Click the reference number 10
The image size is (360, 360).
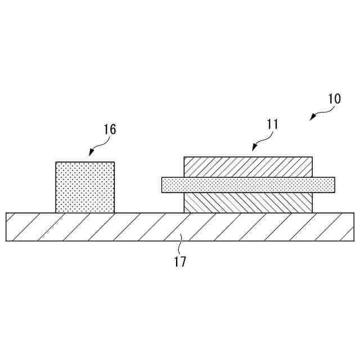click(x=334, y=98)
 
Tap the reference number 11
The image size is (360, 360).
click(x=272, y=124)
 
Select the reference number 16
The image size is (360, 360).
click(x=110, y=129)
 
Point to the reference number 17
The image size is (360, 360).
click(x=180, y=261)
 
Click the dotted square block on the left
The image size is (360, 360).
click(x=85, y=187)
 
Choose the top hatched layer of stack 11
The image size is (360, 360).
click(x=248, y=167)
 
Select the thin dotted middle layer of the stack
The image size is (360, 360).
click(x=248, y=184)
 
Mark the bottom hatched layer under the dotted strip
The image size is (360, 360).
click(x=248, y=202)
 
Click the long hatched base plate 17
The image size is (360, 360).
click(x=180, y=227)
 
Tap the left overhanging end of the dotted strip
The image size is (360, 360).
click(x=172, y=184)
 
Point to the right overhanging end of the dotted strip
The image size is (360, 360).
click(x=324, y=184)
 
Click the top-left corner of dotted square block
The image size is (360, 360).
click(x=56, y=163)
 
